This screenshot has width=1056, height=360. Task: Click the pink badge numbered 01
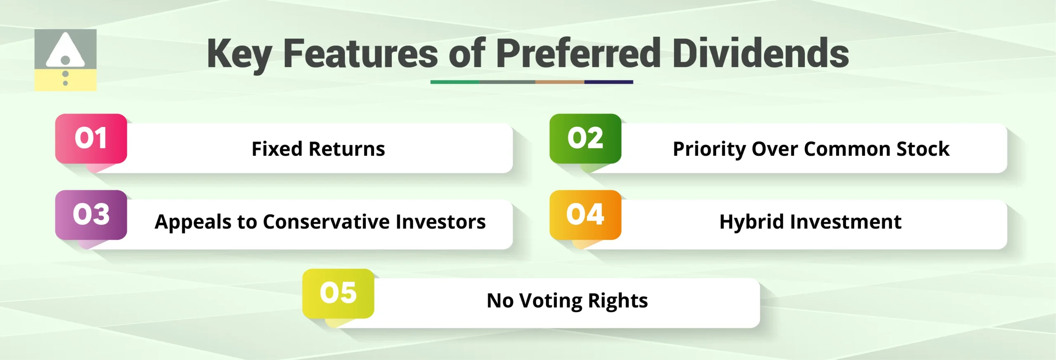91,138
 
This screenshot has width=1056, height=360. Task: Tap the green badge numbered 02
585,138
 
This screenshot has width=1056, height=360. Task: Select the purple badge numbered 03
91,214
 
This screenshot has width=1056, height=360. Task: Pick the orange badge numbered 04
585,214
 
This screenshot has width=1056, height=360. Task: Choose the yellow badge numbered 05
338,293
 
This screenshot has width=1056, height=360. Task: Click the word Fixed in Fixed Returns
277,149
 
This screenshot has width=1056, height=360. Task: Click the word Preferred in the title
578,54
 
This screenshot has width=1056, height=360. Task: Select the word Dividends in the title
760,54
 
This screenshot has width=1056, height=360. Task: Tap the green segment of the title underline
455,82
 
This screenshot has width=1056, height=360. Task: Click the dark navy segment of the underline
608,82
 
